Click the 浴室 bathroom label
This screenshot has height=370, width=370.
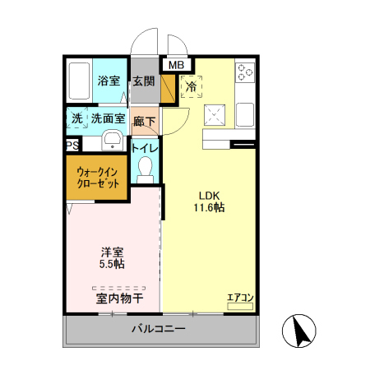click(x=109, y=81)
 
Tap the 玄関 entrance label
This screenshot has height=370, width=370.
click(x=144, y=81)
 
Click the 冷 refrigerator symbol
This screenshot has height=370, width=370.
click(x=191, y=85)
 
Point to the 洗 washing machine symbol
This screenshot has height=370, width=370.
click(x=77, y=118)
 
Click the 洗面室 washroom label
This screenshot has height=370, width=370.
click(x=108, y=118)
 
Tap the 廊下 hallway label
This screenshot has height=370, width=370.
click(x=145, y=119)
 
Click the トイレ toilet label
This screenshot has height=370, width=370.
click(x=146, y=149)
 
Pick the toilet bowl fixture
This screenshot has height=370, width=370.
click(x=146, y=169)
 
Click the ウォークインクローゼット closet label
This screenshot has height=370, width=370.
click(x=97, y=178)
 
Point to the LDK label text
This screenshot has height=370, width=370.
click(x=209, y=196)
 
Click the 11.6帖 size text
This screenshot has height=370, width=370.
click(x=209, y=208)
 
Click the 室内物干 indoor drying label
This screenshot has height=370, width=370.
click(x=120, y=298)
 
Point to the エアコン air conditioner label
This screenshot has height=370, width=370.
click(x=239, y=298)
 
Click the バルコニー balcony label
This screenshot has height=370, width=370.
click(x=159, y=329)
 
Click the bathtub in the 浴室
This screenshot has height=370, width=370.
click(x=79, y=81)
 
